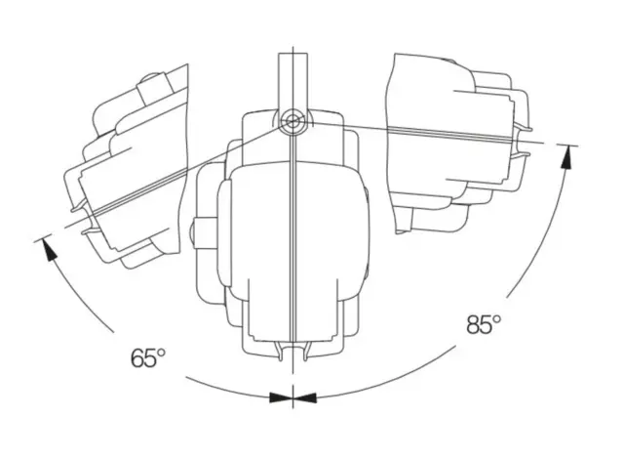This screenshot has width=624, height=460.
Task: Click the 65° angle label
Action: coord(147,357)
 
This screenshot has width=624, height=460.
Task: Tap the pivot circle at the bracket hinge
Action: coord(292,119)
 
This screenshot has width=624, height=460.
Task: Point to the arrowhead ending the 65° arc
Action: coord(48,249)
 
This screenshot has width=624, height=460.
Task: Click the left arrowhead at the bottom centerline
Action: coord(281,397)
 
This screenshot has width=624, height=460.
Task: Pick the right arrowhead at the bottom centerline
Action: coord(305,397)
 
